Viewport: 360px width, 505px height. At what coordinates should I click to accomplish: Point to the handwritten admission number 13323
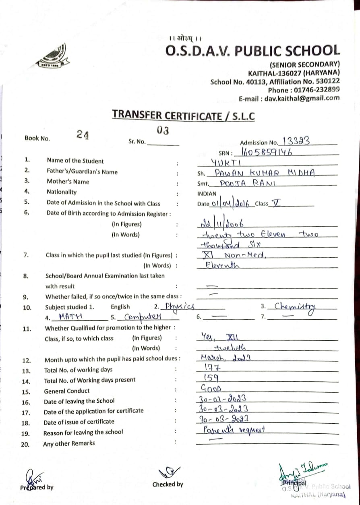pos(296,141)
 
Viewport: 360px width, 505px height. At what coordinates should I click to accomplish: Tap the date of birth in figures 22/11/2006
pos(221,224)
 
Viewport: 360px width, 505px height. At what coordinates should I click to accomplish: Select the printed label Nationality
pos(61,192)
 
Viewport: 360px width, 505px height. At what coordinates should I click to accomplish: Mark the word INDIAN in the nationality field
pos(207,194)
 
